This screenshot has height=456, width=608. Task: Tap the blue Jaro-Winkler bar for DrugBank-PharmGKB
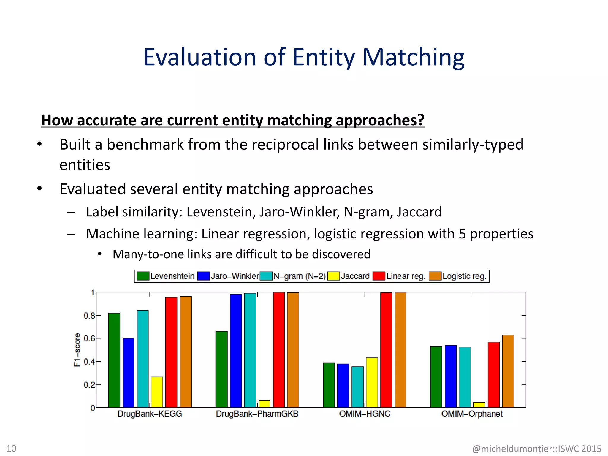tap(236, 350)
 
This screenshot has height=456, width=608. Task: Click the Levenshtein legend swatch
tap(143, 276)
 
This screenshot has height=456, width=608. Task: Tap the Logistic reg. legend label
tap(464, 276)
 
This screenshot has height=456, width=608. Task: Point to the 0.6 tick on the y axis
tap(89, 338)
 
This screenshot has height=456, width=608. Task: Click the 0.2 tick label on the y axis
tap(89, 385)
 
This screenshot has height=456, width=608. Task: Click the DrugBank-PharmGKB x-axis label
tap(257, 414)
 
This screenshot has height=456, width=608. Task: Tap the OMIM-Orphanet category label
tap(472, 414)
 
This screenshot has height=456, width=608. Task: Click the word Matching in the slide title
tap(413, 57)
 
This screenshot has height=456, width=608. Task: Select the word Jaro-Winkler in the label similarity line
tap(299, 212)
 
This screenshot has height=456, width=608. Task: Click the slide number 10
tap(11, 448)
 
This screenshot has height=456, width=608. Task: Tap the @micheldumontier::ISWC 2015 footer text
tap(536, 448)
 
